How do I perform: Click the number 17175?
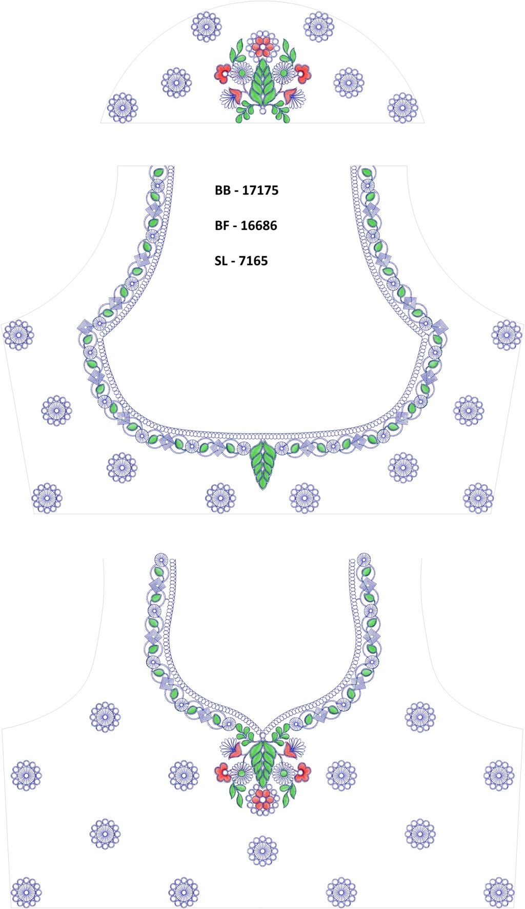(x=260, y=190)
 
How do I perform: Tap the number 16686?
(x=259, y=226)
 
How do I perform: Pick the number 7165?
(x=253, y=261)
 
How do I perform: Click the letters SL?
(x=221, y=261)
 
